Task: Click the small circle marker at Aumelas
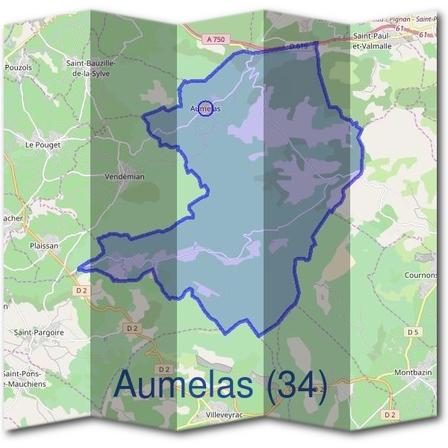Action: click(208, 108)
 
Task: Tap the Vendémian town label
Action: click(125, 177)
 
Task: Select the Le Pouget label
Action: click(43, 145)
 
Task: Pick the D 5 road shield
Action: click(414, 331)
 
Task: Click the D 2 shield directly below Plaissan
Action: click(82, 290)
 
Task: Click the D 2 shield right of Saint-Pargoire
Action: click(132, 327)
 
